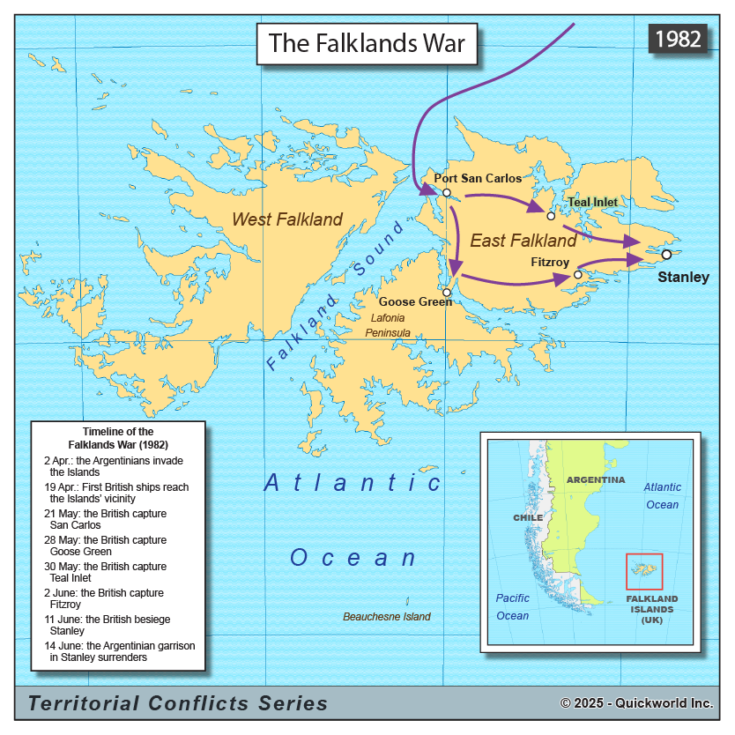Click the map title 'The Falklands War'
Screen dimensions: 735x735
pyautogui.click(x=367, y=43)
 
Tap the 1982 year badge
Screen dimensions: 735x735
pyautogui.click(x=678, y=39)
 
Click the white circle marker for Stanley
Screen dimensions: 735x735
pyautogui.click(x=666, y=255)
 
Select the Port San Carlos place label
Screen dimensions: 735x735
pyautogui.click(x=478, y=179)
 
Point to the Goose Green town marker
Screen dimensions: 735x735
pyautogui.click(x=447, y=292)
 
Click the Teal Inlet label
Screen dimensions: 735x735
pyautogui.click(x=592, y=202)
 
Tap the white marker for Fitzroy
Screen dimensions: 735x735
pyautogui.click(x=577, y=275)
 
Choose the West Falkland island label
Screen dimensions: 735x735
pyautogui.click(x=286, y=219)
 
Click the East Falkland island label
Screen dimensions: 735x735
pyautogui.click(x=523, y=241)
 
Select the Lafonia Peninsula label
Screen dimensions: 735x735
pyautogui.click(x=389, y=325)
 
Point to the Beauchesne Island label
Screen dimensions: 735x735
pyautogui.click(x=386, y=617)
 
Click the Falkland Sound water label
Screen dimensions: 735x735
pyautogui.click(x=335, y=295)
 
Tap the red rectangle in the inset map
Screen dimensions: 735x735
pyautogui.click(x=644, y=571)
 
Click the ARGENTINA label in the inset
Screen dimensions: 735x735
pyautogui.click(x=596, y=480)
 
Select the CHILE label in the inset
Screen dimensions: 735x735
pyautogui.click(x=528, y=517)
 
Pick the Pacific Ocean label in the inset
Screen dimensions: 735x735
pyautogui.click(x=512, y=607)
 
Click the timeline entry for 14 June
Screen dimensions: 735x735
pyautogui.click(x=119, y=651)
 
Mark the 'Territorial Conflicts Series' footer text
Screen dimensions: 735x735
pyautogui.click(x=178, y=703)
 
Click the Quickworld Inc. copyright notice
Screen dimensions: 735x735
pyautogui.click(x=636, y=703)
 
